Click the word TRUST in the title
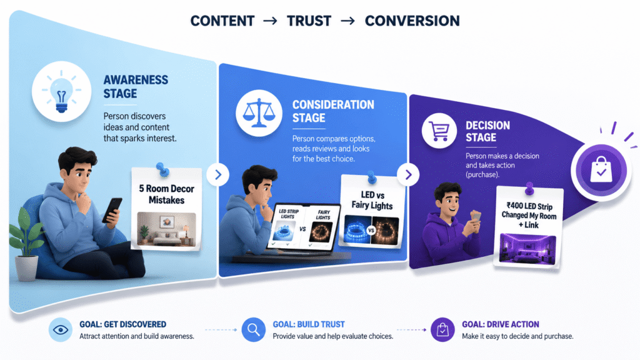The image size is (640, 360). [309, 21]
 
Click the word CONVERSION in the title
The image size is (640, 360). [412, 21]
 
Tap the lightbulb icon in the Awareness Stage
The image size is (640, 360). [62, 92]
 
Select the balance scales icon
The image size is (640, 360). [259, 113]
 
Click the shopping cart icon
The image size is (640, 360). [439, 131]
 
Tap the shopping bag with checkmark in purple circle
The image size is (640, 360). [601, 170]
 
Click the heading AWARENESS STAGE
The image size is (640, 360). [136, 86]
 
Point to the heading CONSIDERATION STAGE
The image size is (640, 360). [333, 111]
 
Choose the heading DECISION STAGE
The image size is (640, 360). [487, 131]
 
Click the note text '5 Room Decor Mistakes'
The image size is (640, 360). [166, 194]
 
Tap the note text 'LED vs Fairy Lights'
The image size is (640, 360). [372, 200]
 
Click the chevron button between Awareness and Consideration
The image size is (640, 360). [218, 175]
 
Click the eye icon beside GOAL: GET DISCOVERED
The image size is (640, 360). [61, 330]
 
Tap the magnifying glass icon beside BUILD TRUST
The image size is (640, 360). [254, 330]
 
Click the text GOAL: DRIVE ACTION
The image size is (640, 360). [501, 324]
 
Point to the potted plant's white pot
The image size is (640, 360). [26, 268]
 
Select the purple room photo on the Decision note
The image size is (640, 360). [527, 249]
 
